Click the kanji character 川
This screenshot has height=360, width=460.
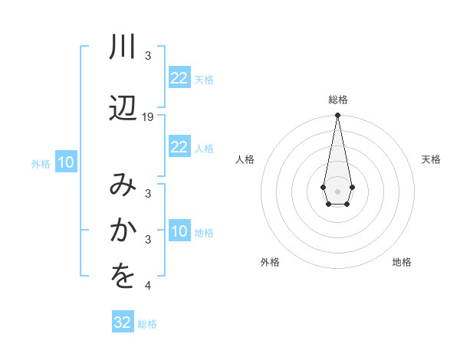point(123,47)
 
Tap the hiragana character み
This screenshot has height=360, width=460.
point(123,186)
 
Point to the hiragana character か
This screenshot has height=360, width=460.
point(123,231)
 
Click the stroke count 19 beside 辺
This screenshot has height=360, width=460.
point(148,116)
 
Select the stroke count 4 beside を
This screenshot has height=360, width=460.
point(148,286)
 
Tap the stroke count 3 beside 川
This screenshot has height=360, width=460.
point(148,56)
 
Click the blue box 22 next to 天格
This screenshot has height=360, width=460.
point(179,78)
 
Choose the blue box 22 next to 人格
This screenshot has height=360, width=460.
point(179,147)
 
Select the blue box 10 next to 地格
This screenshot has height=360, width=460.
point(179,231)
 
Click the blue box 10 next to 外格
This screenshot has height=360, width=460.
point(66,162)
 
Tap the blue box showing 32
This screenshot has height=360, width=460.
point(123,322)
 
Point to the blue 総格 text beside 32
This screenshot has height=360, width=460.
point(148,324)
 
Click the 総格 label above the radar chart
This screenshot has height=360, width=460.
point(338,100)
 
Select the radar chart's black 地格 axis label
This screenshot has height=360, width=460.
point(402,262)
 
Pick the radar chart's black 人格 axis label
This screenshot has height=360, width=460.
point(245,159)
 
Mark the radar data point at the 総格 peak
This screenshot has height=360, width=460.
point(337,116)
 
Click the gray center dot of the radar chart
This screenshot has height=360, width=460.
point(337,190)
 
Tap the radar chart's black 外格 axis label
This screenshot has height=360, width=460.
point(270,262)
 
